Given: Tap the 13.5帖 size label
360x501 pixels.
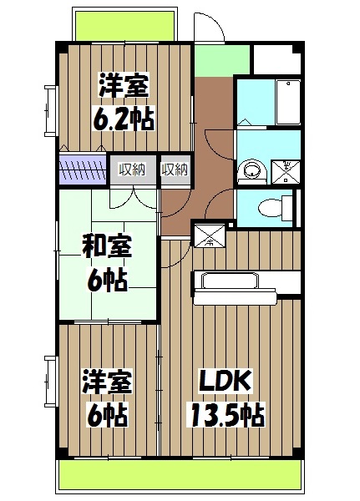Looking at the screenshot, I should click(x=227, y=412).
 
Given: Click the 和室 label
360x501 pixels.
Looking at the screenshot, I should click(x=105, y=247).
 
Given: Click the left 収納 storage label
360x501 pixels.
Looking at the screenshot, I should click(x=132, y=170).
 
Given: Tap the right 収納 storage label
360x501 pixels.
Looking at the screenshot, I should click(x=175, y=170).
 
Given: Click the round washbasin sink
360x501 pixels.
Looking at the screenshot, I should click(x=248, y=172).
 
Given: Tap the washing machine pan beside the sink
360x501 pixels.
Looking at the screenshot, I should click(x=284, y=171).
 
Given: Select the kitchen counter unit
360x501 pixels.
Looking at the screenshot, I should click(x=238, y=283).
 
